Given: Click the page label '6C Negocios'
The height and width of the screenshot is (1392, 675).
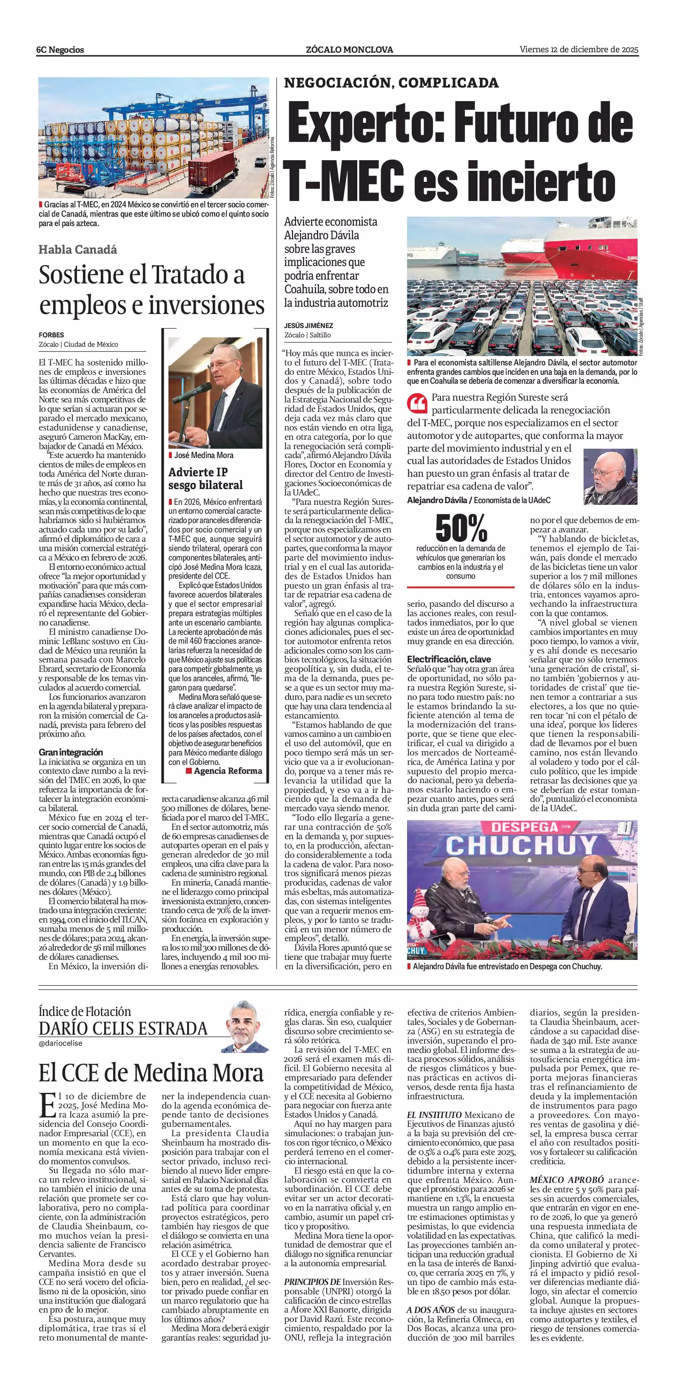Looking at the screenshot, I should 60,50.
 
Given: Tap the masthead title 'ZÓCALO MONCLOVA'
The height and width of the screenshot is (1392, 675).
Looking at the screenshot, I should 349,50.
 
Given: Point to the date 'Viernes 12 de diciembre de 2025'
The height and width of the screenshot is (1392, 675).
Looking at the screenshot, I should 579,49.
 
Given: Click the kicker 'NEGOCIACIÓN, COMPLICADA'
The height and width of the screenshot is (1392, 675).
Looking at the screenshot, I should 391,83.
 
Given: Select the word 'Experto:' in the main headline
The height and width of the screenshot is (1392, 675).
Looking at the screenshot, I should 366,124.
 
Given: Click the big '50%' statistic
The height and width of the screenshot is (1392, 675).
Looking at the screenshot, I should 461,528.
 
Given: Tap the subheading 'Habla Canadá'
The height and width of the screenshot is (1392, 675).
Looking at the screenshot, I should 77,249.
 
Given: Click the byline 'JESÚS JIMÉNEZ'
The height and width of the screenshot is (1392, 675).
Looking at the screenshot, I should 308,325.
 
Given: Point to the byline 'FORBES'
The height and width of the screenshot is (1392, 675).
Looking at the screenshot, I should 51,335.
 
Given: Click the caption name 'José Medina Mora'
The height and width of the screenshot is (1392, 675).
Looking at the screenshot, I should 203,455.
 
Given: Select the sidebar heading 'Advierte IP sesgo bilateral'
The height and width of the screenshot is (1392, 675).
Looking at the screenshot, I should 205,478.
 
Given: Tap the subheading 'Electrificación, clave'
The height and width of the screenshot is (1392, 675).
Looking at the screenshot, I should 449,659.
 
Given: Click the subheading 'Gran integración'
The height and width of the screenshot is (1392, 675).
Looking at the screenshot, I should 70,752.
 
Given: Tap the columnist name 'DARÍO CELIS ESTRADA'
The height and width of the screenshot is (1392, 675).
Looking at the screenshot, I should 123,1028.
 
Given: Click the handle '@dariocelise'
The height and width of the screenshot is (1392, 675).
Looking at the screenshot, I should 60,1043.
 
